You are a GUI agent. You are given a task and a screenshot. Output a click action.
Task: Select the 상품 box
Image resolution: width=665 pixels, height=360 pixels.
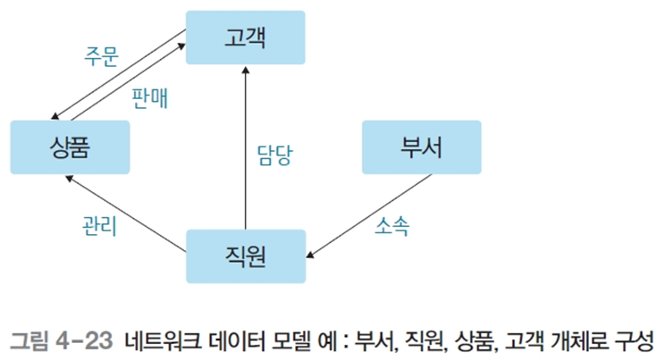click(x=69, y=147)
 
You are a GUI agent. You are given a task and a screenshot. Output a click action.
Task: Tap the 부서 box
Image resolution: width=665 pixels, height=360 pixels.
click(x=421, y=147)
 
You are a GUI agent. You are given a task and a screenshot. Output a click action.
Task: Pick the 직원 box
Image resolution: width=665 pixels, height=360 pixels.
click(x=245, y=256)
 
